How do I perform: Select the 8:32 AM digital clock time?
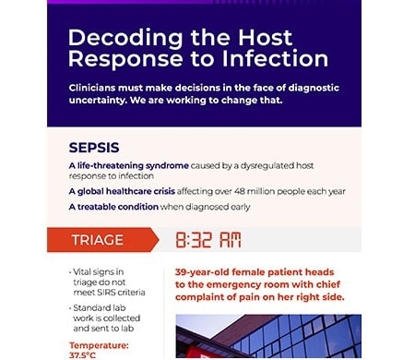point(207,240)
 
